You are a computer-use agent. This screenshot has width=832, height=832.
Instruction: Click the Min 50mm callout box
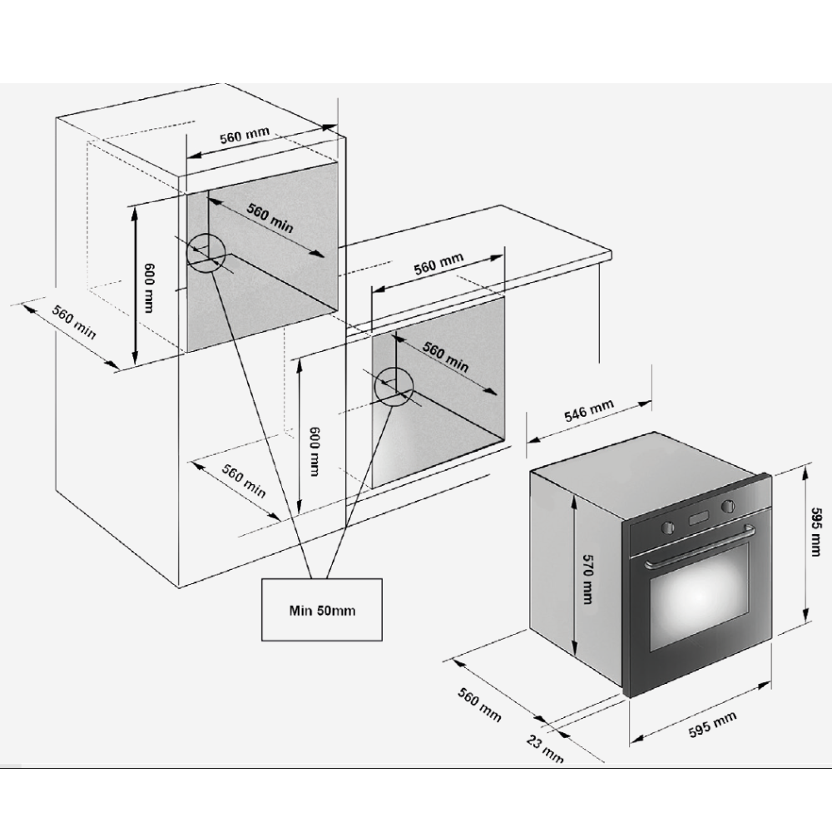coord(321,610)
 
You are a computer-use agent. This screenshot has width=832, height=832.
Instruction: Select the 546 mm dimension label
coord(588,411)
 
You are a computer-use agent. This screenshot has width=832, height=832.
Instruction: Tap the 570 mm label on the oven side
coord(587,579)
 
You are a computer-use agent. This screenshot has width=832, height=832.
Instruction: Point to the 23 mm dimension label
coord(545,748)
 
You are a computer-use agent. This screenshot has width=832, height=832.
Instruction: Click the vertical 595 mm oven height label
coord(816,532)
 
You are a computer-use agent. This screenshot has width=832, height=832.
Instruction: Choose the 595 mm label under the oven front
coord(713,725)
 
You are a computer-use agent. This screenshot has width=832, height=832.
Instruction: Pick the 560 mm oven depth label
coord(479,705)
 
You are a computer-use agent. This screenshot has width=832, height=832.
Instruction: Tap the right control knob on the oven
coord(728,505)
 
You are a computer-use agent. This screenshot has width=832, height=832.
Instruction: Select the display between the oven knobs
coord(700,518)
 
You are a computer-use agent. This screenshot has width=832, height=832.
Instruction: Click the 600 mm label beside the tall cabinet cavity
coord(149,288)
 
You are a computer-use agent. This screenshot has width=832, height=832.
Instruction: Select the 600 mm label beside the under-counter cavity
coord(314,451)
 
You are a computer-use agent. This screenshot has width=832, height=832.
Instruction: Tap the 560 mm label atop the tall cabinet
coord(245,135)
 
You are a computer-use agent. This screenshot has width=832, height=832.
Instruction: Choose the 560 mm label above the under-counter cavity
coord(438,264)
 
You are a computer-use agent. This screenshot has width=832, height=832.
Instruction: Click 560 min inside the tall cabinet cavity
coord(270,217)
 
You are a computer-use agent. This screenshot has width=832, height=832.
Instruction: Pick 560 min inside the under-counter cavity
coord(446,357)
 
